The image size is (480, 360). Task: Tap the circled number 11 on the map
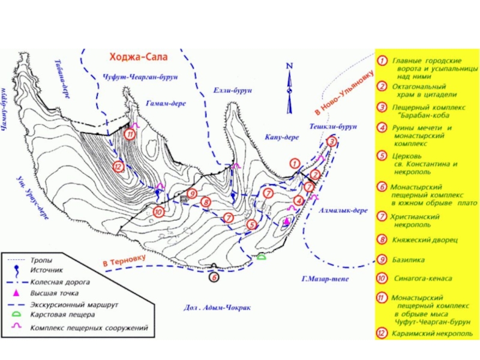(130, 134)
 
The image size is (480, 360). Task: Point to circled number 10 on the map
(158, 211)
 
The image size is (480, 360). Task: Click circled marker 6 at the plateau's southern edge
(215, 277)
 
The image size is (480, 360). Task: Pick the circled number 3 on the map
(332, 142)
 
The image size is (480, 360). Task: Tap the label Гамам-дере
(166, 103)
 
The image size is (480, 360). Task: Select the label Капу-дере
(282, 137)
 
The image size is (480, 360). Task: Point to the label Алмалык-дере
(343, 211)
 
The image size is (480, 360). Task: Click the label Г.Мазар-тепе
(325, 279)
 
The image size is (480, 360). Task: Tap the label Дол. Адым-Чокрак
(216, 308)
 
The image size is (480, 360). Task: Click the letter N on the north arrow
(289, 65)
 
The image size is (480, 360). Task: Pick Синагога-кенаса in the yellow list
(422, 279)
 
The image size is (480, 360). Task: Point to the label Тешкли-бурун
(333, 127)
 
